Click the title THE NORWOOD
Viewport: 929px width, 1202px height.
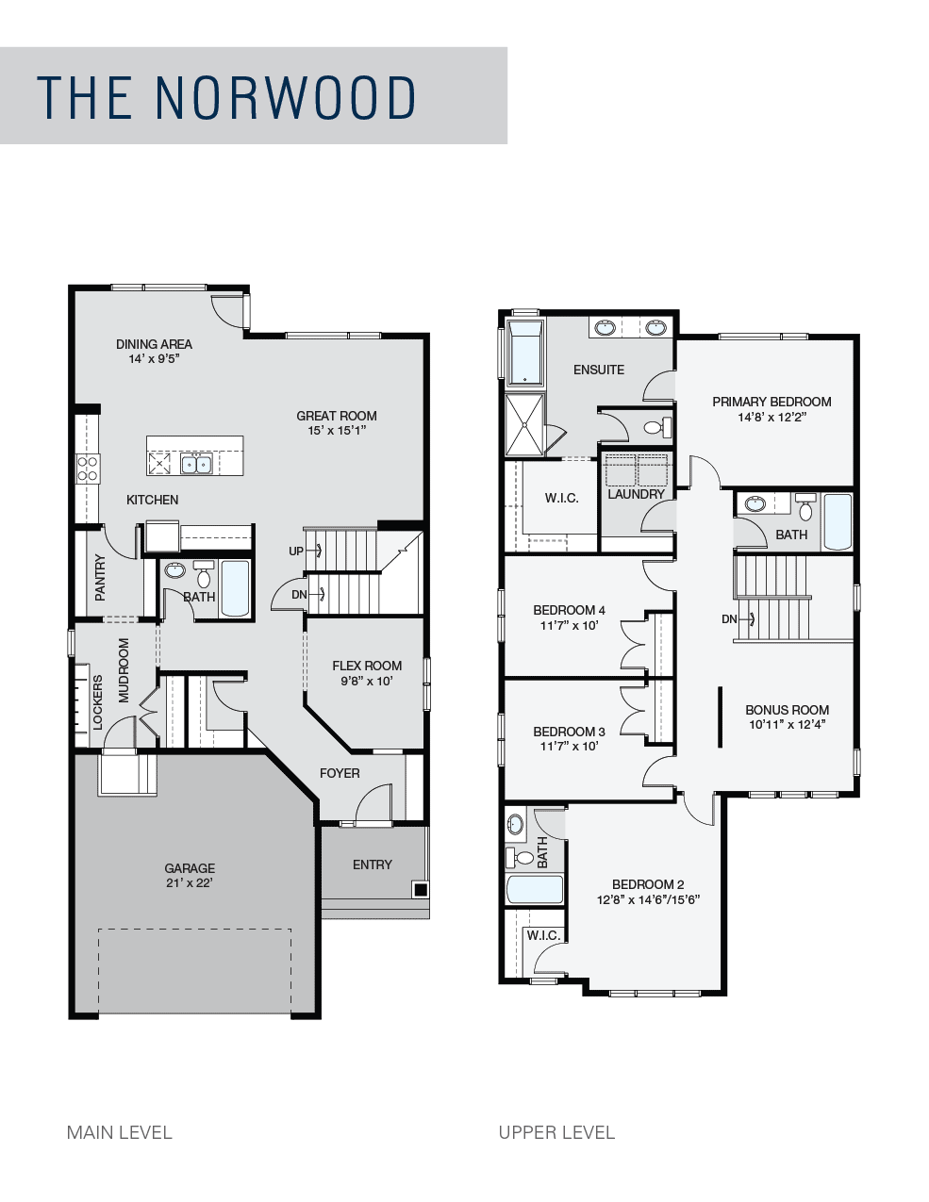pos(225,97)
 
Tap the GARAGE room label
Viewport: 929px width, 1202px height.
pos(190,868)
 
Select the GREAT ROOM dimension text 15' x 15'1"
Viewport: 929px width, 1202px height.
pos(337,430)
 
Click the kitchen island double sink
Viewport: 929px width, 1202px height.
pos(196,464)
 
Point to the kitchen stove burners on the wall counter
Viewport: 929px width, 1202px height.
pos(88,468)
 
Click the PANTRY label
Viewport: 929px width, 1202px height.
pos(100,578)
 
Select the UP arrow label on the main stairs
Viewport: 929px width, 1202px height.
pos(296,551)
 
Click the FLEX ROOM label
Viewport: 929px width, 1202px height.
pos(367,666)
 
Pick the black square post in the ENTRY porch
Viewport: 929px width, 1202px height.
pos(421,889)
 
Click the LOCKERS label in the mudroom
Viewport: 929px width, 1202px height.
pos(98,702)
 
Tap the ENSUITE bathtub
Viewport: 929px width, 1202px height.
pos(525,352)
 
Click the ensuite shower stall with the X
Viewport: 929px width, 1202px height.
pos(524,424)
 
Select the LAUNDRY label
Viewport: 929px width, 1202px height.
pos(637,494)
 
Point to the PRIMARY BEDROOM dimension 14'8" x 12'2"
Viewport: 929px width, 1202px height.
pos(771,417)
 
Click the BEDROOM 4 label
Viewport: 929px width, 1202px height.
pos(569,610)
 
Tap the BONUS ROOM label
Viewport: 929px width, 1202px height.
pos(787,710)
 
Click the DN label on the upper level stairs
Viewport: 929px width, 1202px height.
pos(729,619)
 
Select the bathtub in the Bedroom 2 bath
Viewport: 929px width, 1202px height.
pos(535,889)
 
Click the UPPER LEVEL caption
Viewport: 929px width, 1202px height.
pos(556,1132)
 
